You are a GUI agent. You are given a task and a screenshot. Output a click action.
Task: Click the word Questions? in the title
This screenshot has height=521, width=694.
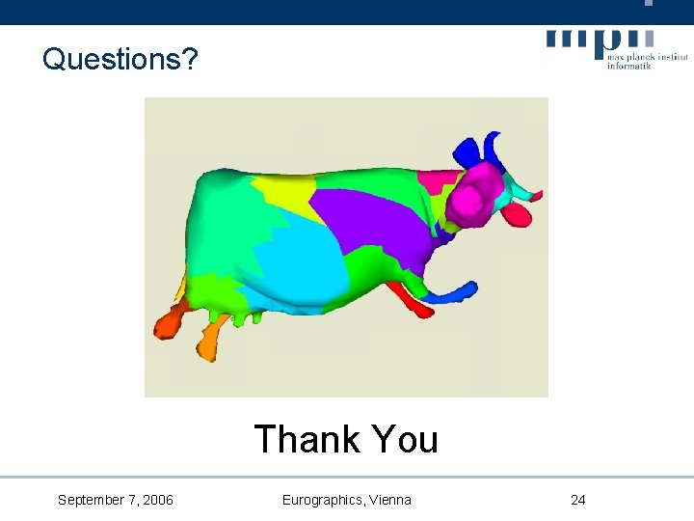point(120,60)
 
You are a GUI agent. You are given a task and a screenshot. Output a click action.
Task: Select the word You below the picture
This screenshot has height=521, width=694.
point(404,439)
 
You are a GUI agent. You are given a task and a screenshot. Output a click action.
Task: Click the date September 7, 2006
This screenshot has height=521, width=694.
point(116,500)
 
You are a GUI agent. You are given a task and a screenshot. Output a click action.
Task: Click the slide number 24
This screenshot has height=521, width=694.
point(578,500)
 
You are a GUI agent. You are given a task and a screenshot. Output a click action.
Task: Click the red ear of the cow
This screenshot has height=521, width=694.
point(519,212)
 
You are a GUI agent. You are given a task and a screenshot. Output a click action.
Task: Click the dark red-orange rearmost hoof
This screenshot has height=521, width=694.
point(168,322)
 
